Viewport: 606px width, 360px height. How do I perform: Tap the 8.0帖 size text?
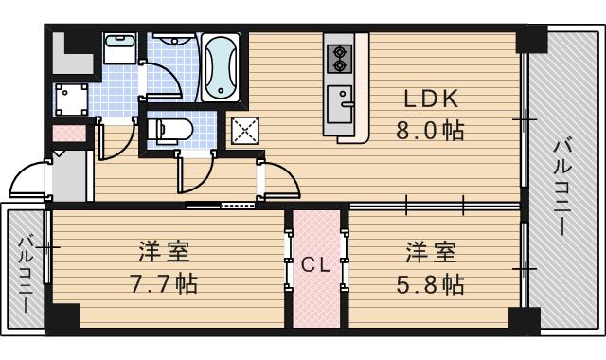pyautogui.click(x=430, y=130)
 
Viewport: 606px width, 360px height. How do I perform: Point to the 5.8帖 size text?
pyautogui.click(x=430, y=283)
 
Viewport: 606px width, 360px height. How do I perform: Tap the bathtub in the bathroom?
pyautogui.click(x=220, y=67)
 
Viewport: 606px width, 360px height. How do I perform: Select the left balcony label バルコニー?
pyautogui.click(x=25, y=269)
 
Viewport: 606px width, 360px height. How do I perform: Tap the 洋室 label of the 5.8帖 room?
pyautogui.click(x=431, y=252)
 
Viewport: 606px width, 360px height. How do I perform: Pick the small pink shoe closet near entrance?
pyautogui.click(x=68, y=134)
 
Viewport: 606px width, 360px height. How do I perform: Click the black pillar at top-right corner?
pyautogui.click(x=530, y=39)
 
